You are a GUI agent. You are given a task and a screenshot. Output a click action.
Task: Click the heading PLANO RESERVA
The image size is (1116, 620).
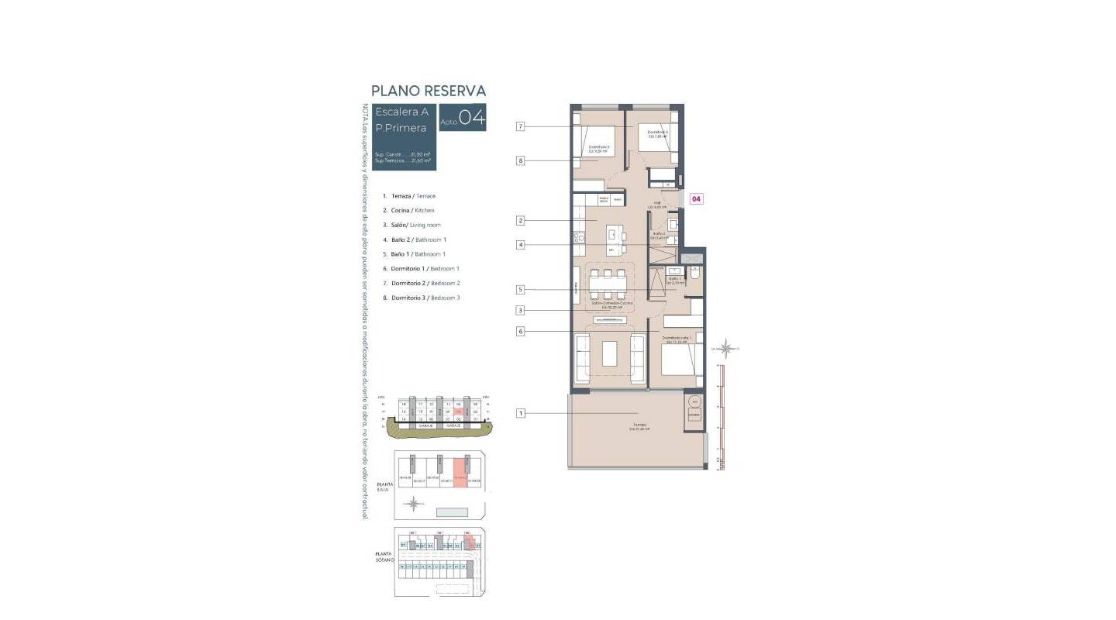pyautogui.click(x=429, y=91)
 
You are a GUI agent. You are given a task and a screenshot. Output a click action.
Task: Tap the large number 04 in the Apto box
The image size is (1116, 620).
pyautogui.click(x=472, y=118)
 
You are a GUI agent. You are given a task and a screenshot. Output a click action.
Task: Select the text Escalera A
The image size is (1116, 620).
pyautogui.click(x=401, y=112)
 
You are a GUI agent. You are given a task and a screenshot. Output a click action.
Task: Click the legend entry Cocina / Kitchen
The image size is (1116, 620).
pyautogui.click(x=408, y=210)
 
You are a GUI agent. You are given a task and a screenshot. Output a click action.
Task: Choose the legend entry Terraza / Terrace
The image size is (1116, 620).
pyautogui.click(x=409, y=196)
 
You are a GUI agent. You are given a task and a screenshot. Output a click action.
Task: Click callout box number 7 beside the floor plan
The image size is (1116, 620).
pyautogui.click(x=521, y=126)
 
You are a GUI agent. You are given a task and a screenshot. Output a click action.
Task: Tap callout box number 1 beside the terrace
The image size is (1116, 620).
pyautogui.click(x=521, y=413)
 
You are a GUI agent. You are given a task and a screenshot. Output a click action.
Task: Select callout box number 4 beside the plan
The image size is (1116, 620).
pyautogui.click(x=521, y=245)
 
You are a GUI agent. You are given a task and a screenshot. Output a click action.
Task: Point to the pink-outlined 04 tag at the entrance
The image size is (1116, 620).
pyautogui.click(x=696, y=199)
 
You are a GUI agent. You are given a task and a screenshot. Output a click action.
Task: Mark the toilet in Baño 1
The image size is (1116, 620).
pyautogui.click(x=695, y=274)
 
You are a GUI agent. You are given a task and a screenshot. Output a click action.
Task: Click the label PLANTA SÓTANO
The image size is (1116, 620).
pyautogui.click(x=384, y=556)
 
